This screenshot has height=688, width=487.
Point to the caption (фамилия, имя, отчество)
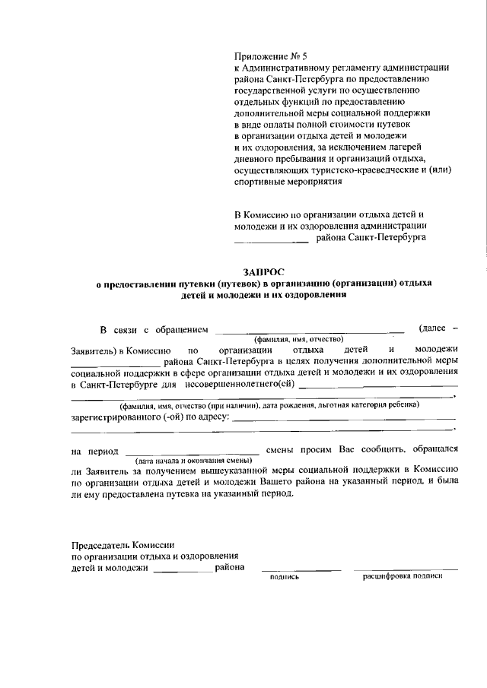(299, 339)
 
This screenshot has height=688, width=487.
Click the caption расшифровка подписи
(402, 576)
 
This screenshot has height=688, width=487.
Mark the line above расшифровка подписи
(406, 569)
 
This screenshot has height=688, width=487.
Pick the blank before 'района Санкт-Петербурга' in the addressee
(270, 243)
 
